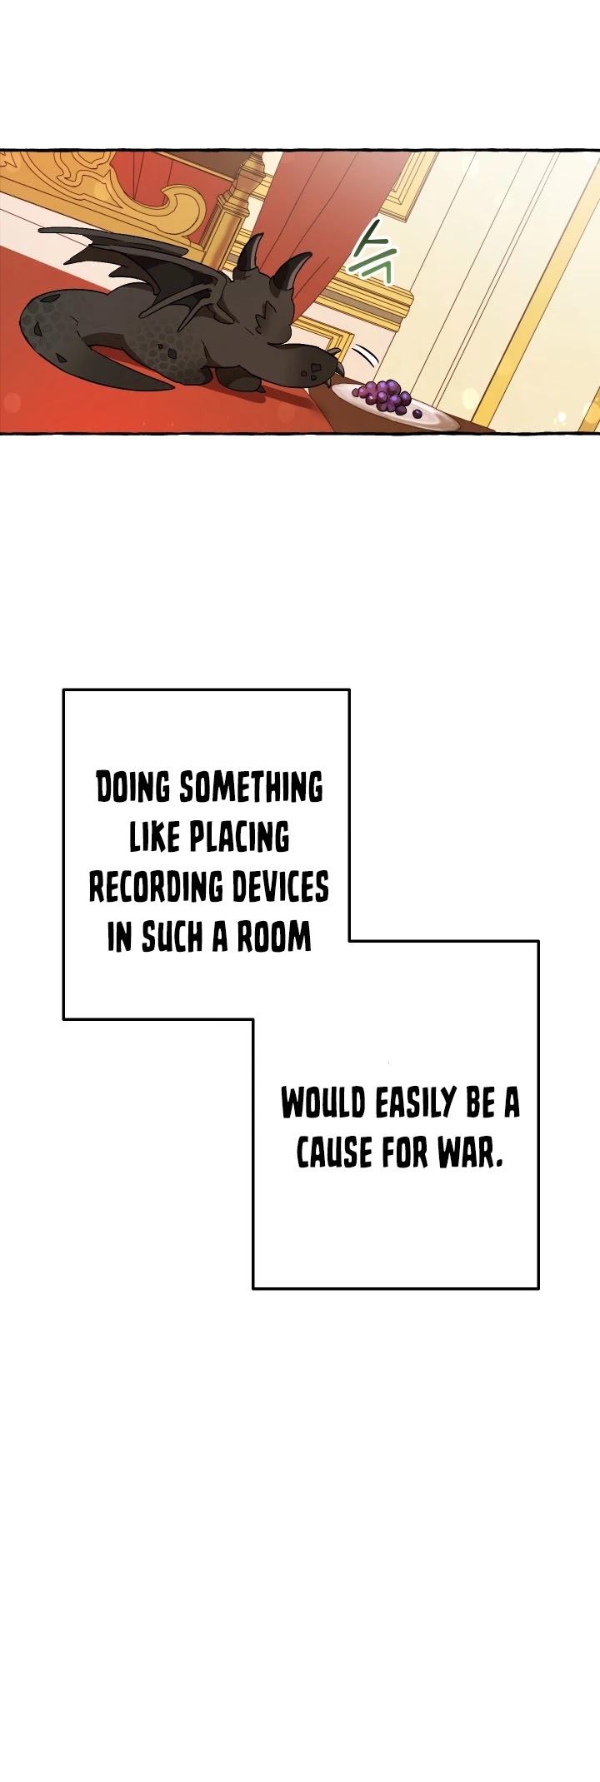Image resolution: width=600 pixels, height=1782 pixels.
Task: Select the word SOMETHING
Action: click(252, 788)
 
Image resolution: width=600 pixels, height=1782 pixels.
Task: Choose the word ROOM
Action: click(274, 938)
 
